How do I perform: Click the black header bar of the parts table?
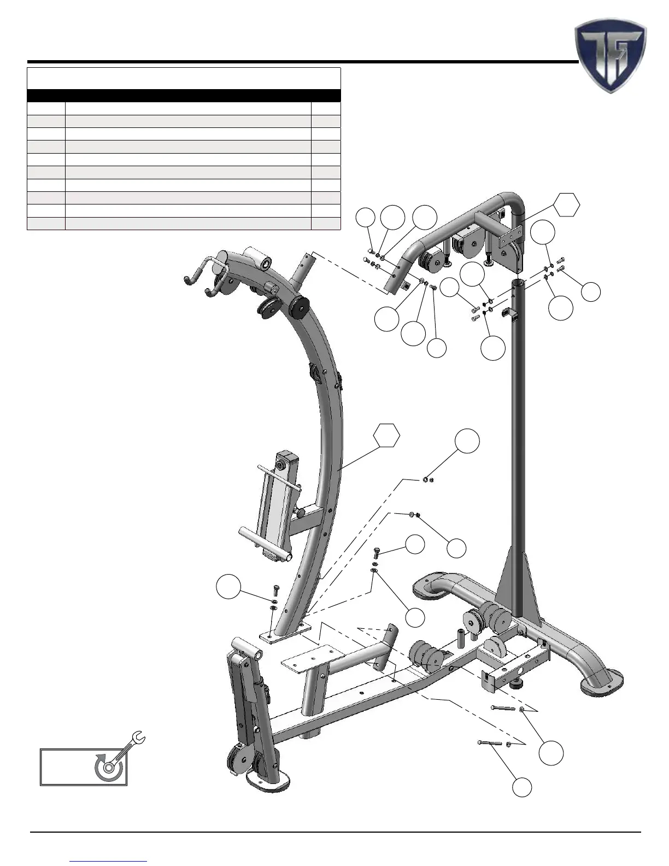point(184,96)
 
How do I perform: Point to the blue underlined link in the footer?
point(108,861)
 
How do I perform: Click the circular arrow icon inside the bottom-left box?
point(107,767)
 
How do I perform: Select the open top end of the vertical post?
point(519,283)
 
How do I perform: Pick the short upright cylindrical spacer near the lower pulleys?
point(461,637)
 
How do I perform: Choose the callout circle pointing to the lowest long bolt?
point(522,787)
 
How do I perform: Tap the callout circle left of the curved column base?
point(228,587)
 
